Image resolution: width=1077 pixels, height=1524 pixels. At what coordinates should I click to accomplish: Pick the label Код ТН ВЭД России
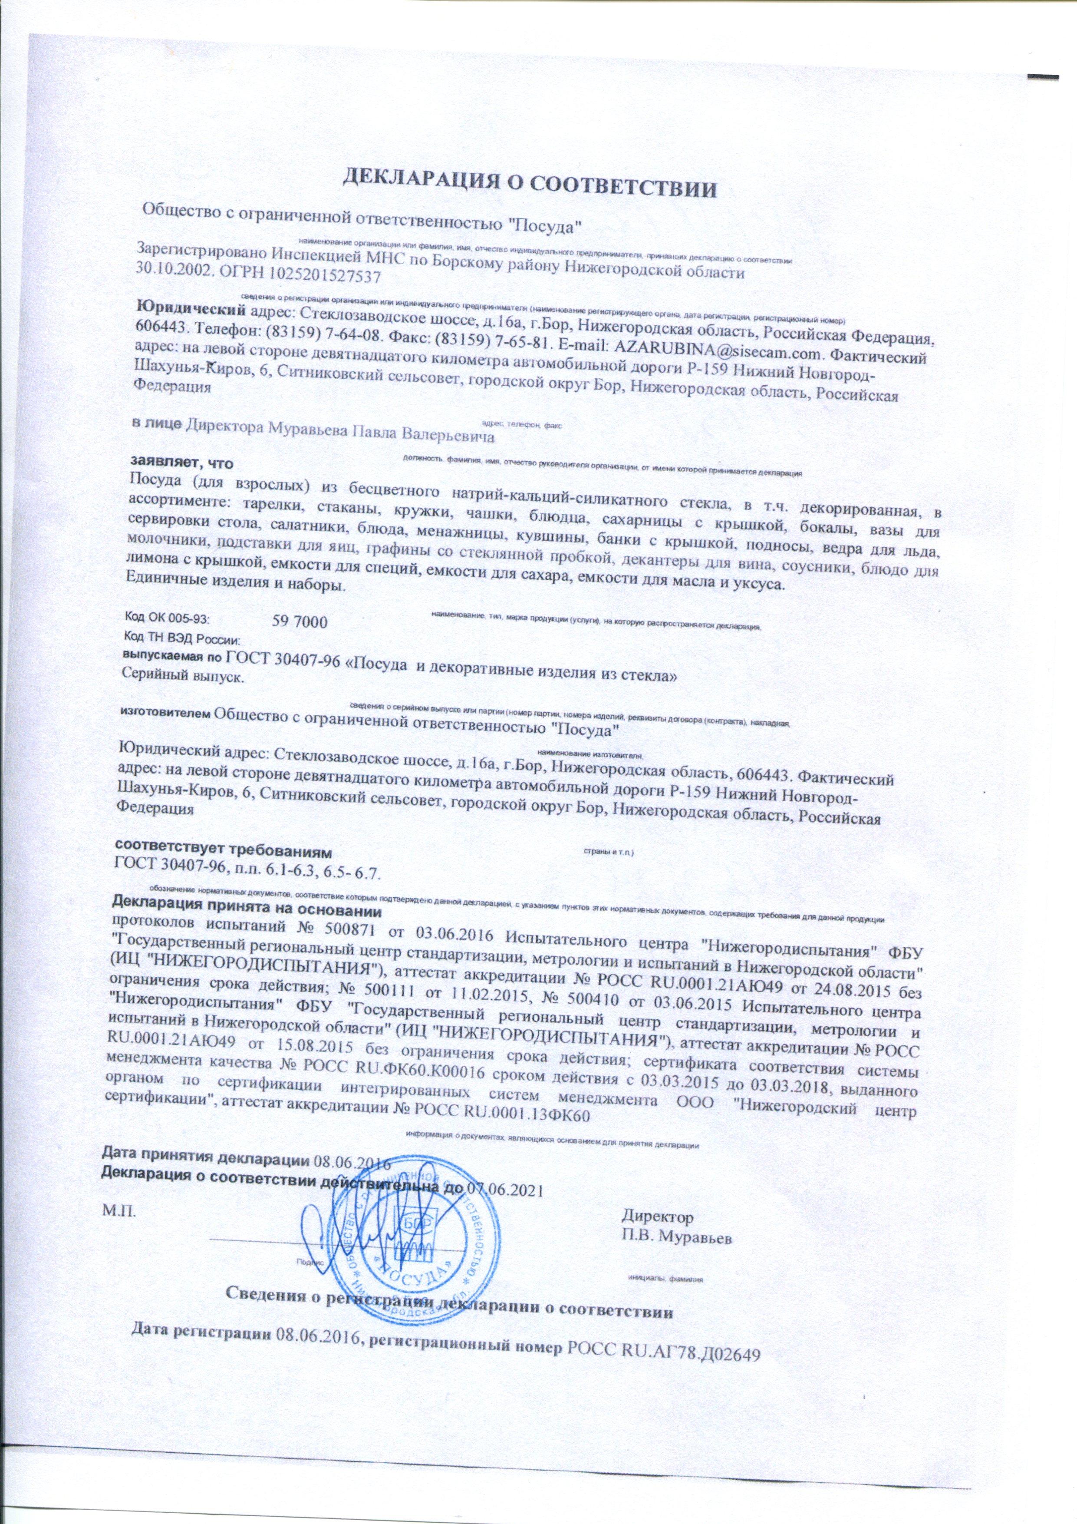point(181,641)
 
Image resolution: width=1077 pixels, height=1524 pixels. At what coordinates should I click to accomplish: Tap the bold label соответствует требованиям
point(222,850)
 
